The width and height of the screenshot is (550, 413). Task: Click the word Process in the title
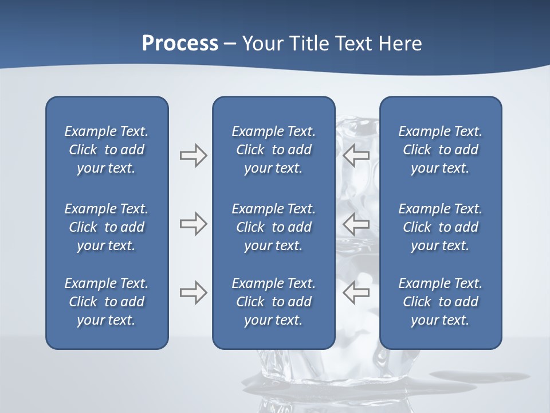180,44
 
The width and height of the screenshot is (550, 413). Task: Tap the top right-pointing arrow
193,155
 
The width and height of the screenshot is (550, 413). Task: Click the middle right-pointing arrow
193,224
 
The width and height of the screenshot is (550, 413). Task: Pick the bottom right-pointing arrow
193,293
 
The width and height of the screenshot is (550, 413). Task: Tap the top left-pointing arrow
356,155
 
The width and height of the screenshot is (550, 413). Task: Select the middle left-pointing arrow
356,224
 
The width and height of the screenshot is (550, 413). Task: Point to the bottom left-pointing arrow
356,293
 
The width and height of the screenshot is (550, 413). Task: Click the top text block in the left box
107,150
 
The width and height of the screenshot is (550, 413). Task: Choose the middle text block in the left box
107,227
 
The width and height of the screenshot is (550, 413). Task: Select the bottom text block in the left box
107,302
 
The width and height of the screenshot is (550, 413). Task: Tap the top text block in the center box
273,150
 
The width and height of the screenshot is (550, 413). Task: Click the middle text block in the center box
273,227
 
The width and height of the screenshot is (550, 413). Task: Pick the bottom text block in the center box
273,302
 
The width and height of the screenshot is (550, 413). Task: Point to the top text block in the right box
440,150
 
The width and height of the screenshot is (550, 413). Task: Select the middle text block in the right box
440,227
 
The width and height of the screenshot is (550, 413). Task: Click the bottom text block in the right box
440,302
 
